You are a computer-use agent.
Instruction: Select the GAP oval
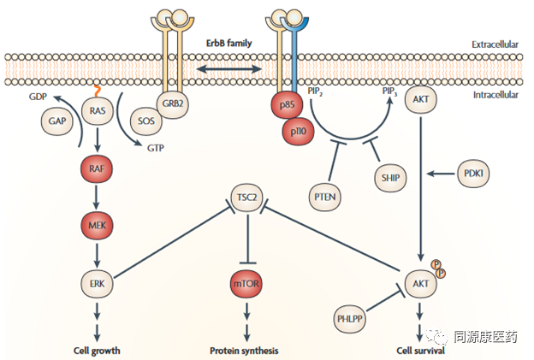(x=57, y=122)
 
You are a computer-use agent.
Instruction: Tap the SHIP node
(x=390, y=177)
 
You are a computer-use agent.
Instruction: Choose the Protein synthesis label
(x=246, y=351)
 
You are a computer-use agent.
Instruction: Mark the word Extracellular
(x=495, y=44)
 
